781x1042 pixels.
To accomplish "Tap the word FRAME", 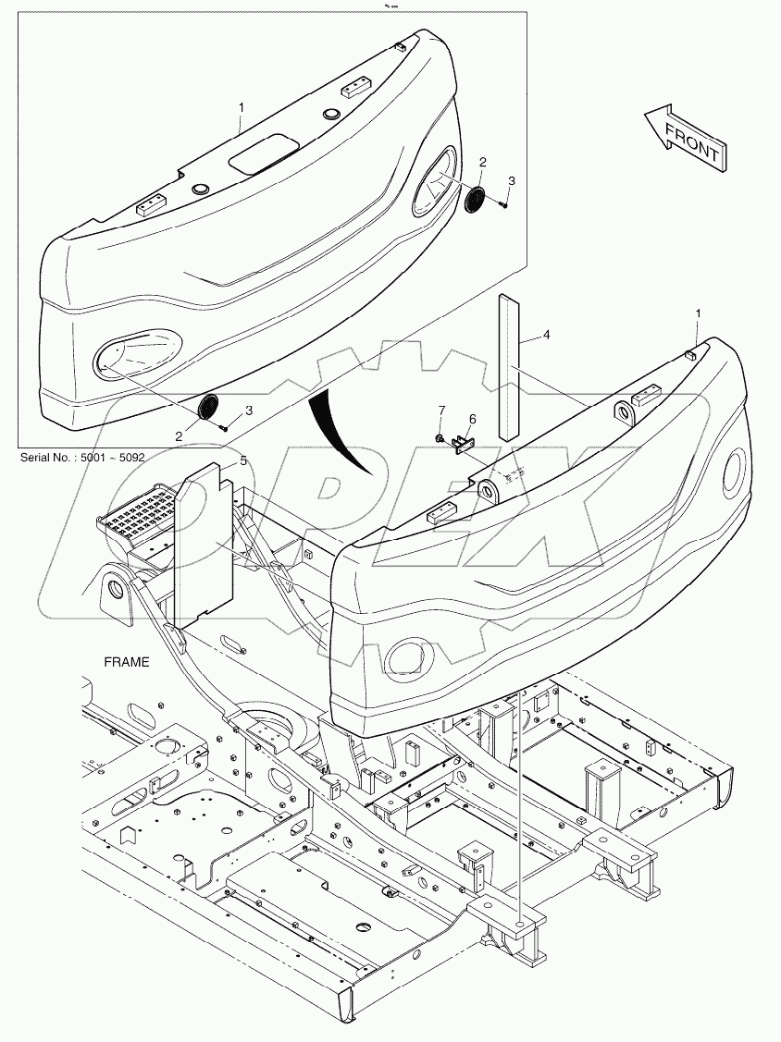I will point(126,662).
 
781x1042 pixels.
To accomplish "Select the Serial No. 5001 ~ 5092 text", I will point(80,457).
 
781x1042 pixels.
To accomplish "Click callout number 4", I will point(546,335).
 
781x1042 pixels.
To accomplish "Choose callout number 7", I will point(441,410).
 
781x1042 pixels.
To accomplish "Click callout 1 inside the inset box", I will point(241,108).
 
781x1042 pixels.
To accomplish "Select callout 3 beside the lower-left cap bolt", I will point(247,410).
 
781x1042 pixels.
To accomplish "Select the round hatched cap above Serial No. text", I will point(209,406).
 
